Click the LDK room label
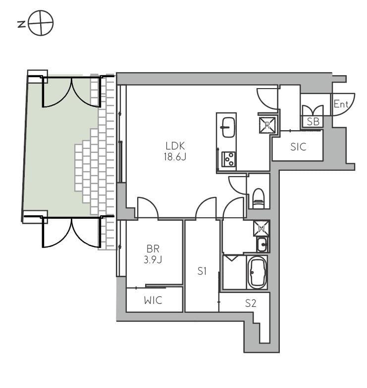click(175, 146)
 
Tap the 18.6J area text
click(175, 157)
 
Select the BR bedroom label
click(153, 248)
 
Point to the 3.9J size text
click(153, 259)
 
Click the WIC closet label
click(154, 300)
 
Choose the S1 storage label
click(202, 271)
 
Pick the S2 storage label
click(251, 303)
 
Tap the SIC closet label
click(298, 147)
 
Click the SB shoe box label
click(313, 122)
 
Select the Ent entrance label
click(341, 104)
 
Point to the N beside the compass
click(22, 24)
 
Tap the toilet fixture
click(259, 198)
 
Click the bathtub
click(258, 272)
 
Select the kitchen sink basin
click(228, 128)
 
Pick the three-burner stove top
click(228, 159)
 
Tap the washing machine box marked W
click(262, 228)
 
